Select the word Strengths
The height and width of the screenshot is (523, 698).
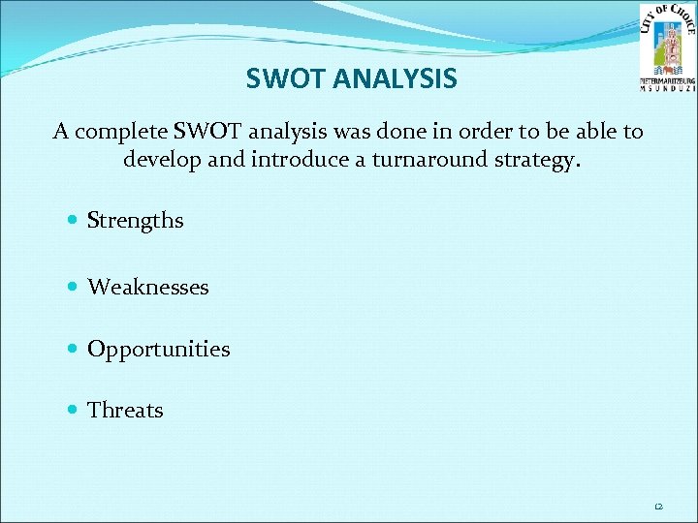click(135, 221)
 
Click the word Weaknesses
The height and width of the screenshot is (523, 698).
click(147, 287)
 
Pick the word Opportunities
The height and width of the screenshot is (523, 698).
click(158, 349)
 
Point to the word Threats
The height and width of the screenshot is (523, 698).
click(125, 410)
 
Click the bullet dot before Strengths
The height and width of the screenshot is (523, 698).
click(75, 221)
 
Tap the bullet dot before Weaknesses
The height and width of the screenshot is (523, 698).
click(75, 287)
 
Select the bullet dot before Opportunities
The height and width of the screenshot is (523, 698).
click(75, 349)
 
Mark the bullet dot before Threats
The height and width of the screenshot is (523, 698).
click(75, 410)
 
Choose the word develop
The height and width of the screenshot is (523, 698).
click(162, 159)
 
